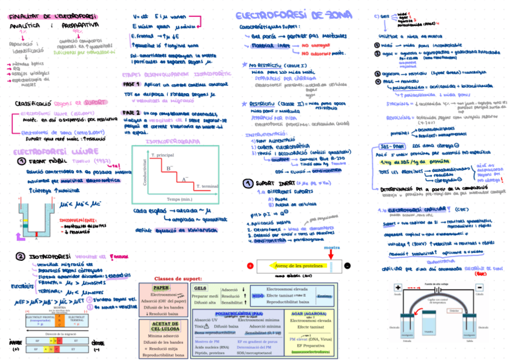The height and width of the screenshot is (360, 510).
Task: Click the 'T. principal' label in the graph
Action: (162, 155)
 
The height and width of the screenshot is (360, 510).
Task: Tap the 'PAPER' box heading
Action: (161, 288)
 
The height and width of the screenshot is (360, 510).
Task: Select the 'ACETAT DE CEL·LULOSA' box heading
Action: (163, 327)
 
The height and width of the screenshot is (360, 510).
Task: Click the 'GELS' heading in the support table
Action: (201, 288)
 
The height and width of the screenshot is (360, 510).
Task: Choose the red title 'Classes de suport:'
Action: (178, 279)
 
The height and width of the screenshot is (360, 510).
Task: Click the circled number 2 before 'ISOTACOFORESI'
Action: (20, 257)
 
